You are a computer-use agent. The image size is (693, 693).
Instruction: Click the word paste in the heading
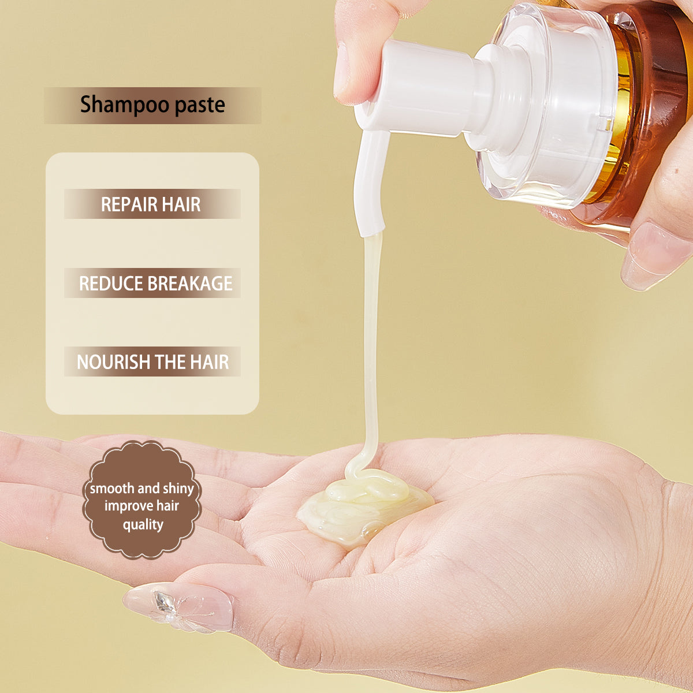200,105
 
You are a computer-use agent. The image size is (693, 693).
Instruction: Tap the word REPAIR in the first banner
129,204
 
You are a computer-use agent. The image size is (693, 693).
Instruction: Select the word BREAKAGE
190,284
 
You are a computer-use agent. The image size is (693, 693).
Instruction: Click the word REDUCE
111,284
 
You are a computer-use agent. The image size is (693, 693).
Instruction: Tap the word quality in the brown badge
143,525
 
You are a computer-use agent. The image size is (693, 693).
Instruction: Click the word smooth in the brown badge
112,489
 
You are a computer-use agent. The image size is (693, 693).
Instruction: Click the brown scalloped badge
141,500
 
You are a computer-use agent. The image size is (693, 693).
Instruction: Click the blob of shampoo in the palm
363,507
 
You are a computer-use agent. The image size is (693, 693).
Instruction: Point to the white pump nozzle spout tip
370,230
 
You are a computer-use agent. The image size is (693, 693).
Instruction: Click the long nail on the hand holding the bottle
651,256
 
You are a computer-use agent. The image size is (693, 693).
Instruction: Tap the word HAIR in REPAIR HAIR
181,204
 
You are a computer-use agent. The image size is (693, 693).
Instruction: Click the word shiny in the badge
178,489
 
